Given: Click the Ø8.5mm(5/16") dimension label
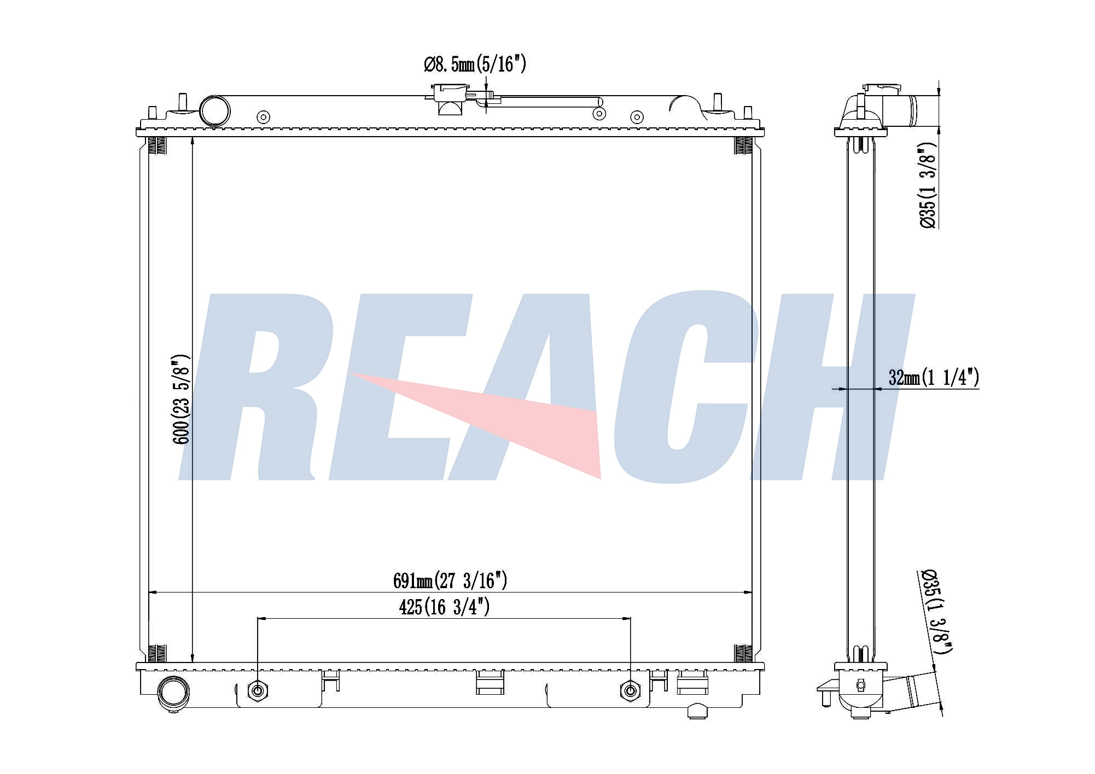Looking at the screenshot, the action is pyautogui.click(x=475, y=64).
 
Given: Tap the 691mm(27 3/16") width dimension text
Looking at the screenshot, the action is pyautogui.click(x=450, y=580).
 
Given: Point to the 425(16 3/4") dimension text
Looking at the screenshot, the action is pyautogui.click(x=444, y=607).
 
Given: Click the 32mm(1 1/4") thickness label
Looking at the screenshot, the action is pyautogui.click(x=934, y=377).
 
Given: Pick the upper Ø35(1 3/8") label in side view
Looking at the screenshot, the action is pyautogui.click(x=928, y=186).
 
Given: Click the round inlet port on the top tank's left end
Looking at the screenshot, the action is pyautogui.click(x=214, y=111).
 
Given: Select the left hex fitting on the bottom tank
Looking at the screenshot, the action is pyautogui.click(x=258, y=691).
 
